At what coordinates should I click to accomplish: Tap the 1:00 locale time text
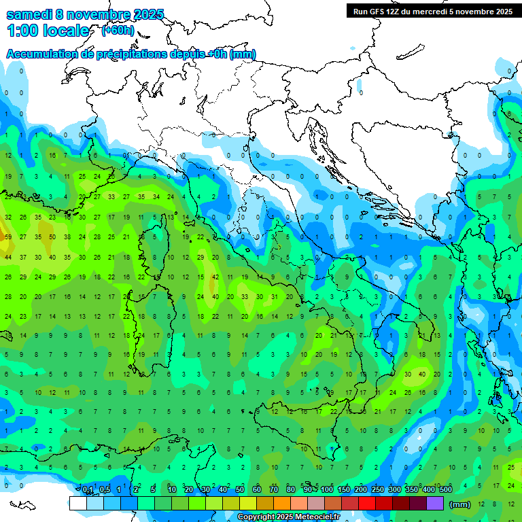[48, 31]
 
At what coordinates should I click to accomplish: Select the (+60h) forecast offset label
[118, 30]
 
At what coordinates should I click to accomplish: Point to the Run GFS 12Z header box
[433, 11]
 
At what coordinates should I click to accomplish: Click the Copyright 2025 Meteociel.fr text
[289, 517]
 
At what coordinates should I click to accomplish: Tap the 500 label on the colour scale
[445, 489]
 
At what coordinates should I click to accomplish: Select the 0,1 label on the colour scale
[87, 489]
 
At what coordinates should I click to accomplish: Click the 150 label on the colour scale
[343, 489]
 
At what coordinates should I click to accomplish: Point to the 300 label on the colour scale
[394, 489]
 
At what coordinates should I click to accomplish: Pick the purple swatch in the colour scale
[435, 503]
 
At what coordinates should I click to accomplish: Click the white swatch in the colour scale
[77, 503]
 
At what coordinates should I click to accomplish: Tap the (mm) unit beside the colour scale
[460, 504]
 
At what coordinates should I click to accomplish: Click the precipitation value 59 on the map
[8, 237]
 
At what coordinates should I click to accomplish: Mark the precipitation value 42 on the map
[215, 277]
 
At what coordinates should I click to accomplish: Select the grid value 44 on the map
[8, 258]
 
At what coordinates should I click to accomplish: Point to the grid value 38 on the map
[67, 237]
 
